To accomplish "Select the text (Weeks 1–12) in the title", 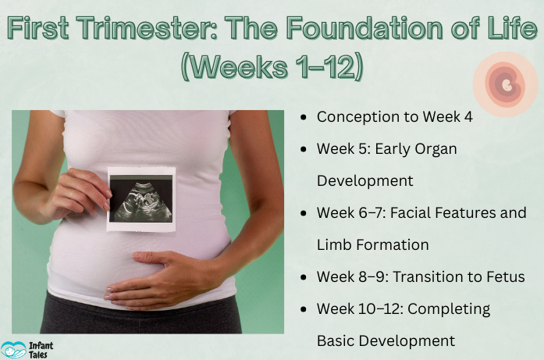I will [272, 66].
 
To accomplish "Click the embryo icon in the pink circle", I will [506, 84].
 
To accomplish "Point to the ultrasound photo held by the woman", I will [140, 198].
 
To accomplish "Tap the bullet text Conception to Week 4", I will [394, 117].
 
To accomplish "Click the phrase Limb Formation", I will [372, 244].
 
